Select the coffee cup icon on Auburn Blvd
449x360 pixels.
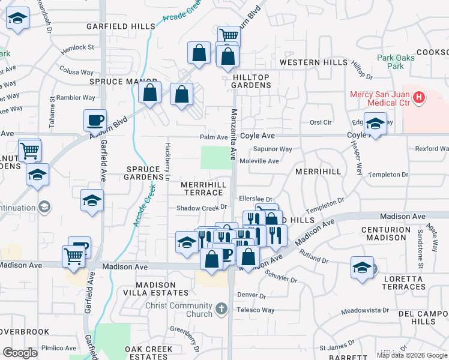[94, 121]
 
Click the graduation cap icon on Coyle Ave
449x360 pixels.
[375, 124]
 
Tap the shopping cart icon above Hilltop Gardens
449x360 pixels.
[228, 35]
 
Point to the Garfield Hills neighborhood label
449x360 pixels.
[121, 26]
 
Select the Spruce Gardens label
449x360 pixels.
[144, 173]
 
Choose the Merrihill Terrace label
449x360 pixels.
[202, 188]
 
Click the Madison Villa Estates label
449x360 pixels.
[155, 289]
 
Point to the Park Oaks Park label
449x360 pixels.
[391, 62]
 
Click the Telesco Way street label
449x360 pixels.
[255, 310]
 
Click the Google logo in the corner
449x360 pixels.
[20, 353]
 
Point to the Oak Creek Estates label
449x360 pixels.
[149, 353]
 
